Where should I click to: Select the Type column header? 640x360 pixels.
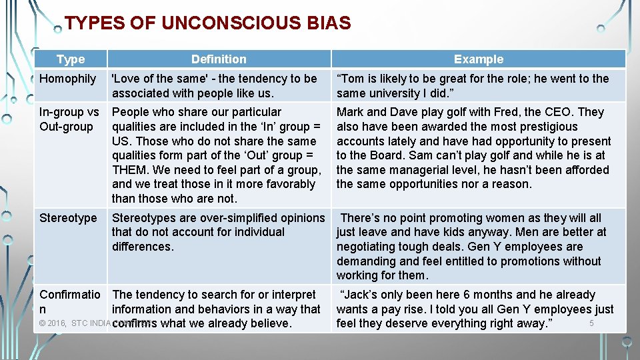71,59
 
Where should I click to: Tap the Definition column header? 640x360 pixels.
219,59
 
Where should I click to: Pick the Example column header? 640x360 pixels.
479,59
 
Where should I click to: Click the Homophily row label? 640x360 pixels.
68,79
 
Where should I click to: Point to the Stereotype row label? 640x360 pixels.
68,218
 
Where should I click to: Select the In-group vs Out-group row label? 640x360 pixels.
69,119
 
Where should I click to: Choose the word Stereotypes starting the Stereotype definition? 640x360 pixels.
144,218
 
